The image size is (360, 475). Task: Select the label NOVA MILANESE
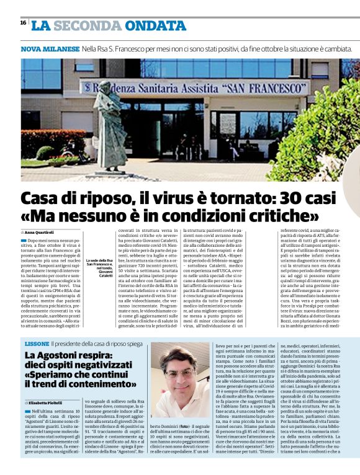point(50,48)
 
